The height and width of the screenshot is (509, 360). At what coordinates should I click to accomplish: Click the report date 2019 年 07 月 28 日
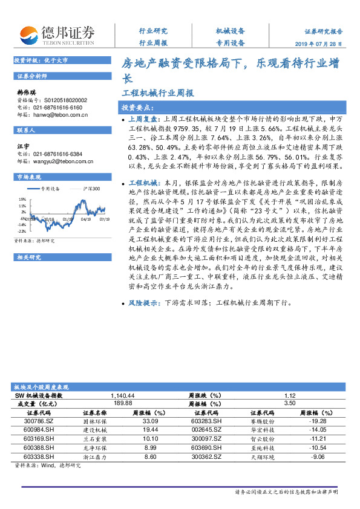[x=323, y=44]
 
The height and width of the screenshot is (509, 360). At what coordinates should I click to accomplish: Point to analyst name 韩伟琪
[x=25, y=92]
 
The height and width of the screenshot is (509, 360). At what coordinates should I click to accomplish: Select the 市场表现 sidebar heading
[x=29, y=177]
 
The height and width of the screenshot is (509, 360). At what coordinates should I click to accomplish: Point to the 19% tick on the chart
[x=22, y=198]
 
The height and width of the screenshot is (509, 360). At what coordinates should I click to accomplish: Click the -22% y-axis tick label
[x=22, y=231]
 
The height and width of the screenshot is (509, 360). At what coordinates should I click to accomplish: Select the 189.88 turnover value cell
[x=122, y=403]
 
